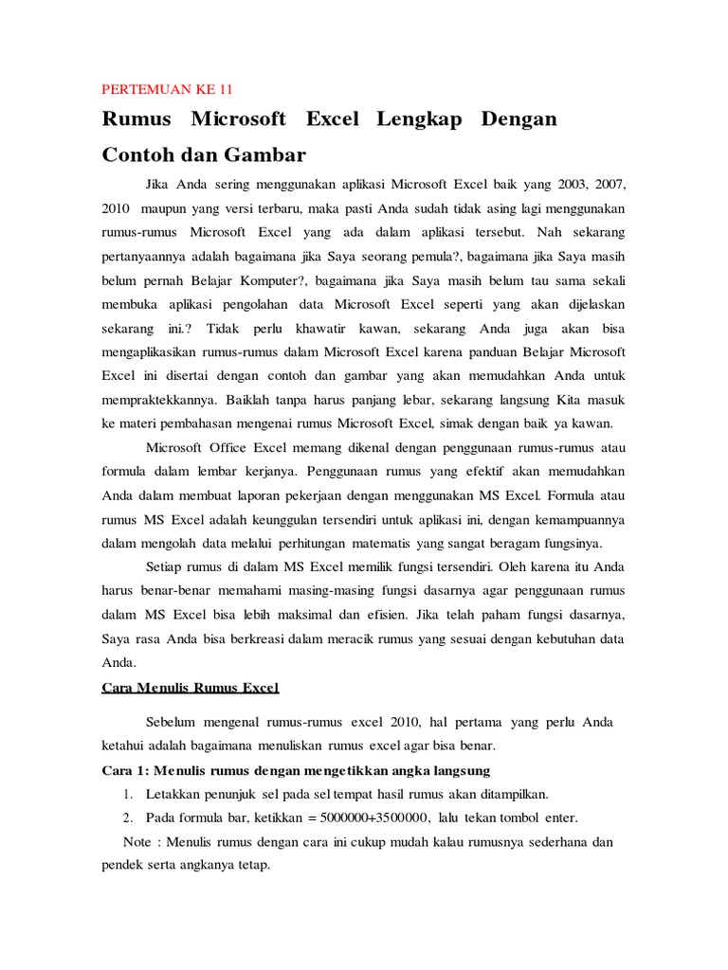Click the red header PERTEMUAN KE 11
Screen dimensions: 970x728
(167, 90)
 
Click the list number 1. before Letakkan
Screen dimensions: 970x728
(129, 794)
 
